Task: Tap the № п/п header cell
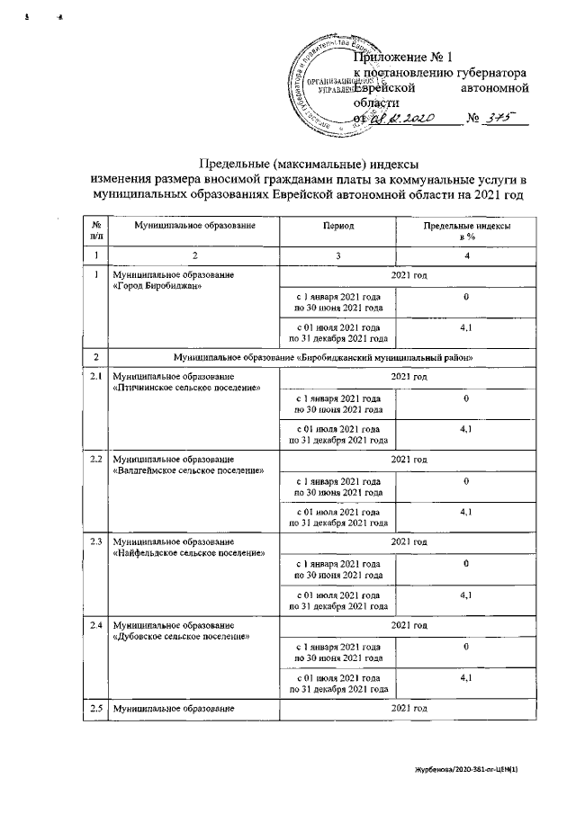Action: [94, 231]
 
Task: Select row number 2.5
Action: [94, 709]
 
